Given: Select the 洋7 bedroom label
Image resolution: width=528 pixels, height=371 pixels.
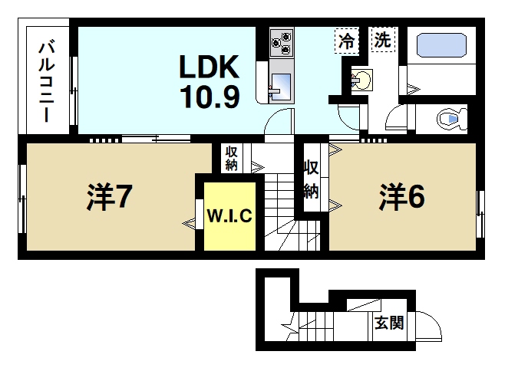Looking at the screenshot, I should tap(112, 198).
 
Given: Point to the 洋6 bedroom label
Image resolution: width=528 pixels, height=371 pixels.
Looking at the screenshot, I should tap(401, 197).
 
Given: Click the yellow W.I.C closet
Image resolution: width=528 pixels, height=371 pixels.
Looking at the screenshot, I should tap(229, 216).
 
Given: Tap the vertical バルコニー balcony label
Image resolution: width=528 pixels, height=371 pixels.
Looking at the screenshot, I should tap(46, 80).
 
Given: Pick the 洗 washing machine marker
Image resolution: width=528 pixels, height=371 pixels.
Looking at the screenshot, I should tap(382, 40).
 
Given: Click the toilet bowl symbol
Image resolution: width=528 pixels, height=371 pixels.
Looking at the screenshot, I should tap(451, 120).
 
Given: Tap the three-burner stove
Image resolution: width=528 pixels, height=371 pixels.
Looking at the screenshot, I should tap(282, 41).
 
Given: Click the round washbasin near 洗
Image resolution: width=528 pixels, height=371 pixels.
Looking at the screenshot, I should tap(362, 79).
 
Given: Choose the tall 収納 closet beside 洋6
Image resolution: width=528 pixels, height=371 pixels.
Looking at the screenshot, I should tap(311, 179).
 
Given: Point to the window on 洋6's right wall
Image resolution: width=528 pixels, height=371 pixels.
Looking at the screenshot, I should tap(480, 205).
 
